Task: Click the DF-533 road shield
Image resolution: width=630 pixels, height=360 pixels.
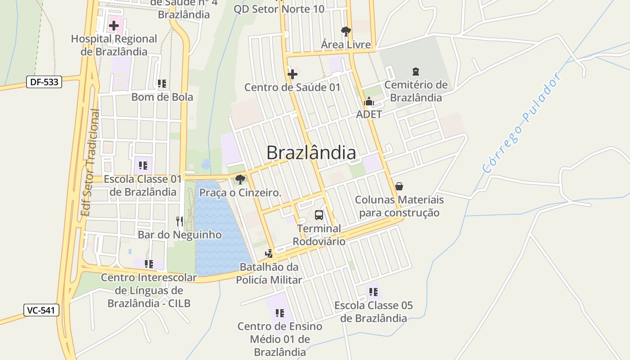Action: (44, 82)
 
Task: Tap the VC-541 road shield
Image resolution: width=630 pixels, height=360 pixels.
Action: (41, 310)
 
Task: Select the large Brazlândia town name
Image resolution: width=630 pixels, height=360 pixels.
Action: (311, 153)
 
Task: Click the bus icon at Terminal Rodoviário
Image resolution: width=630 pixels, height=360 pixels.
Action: (319, 215)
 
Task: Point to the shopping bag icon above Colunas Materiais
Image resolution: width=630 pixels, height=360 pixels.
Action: (399, 186)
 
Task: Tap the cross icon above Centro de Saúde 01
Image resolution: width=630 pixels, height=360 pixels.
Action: (292, 74)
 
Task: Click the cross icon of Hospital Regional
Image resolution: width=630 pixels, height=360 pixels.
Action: (114, 26)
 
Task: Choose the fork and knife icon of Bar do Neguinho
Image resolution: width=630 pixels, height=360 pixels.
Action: (180, 221)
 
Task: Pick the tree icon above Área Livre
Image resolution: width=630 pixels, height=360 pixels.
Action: (346, 31)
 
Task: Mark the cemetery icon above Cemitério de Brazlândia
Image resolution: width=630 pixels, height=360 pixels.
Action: (415, 72)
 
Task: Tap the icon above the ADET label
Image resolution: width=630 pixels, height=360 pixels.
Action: (369, 102)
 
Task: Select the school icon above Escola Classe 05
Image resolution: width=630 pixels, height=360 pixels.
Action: (373, 292)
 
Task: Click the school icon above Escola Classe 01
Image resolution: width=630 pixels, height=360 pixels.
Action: (143, 166)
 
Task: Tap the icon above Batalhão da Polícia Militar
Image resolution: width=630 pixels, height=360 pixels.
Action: (269, 254)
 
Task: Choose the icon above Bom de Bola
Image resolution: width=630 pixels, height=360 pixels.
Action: (162, 84)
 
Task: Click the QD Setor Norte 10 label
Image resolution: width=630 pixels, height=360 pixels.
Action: (279, 9)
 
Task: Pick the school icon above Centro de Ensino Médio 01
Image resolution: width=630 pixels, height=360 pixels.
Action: (279, 313)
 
